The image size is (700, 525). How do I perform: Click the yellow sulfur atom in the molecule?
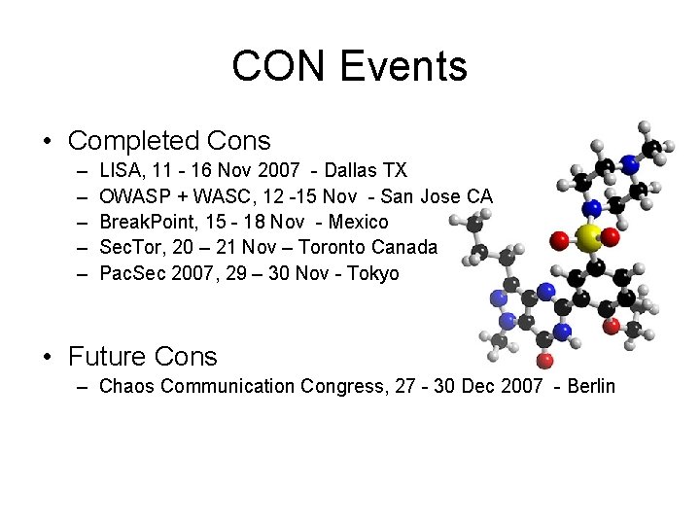(586, 236)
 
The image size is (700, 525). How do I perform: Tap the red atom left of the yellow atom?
(559, 238)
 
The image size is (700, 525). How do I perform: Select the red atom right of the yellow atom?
(611, 236)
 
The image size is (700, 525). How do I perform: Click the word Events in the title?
(402, 66)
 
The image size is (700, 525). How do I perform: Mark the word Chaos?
(127, 386)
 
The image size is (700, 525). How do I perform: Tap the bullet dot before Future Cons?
(48, 357)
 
